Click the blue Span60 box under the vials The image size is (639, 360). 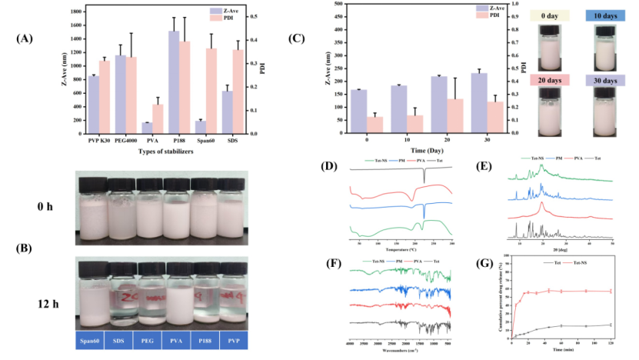92,341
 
